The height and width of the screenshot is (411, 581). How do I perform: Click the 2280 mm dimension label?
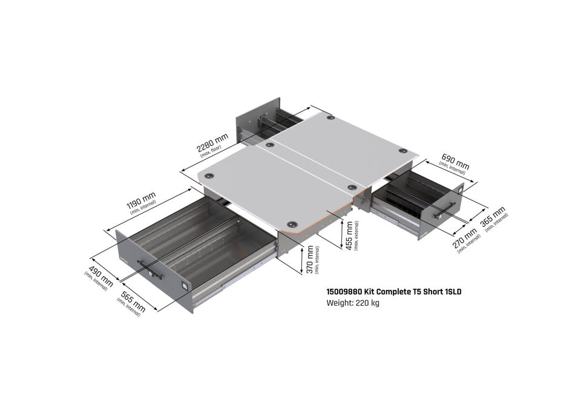[212, 143]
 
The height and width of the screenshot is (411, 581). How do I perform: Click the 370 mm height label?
[310, 260]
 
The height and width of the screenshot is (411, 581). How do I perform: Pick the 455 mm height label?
[349, 235]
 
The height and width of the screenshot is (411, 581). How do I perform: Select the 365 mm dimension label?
[493, 217]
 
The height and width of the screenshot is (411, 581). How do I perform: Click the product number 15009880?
[344, 292]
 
